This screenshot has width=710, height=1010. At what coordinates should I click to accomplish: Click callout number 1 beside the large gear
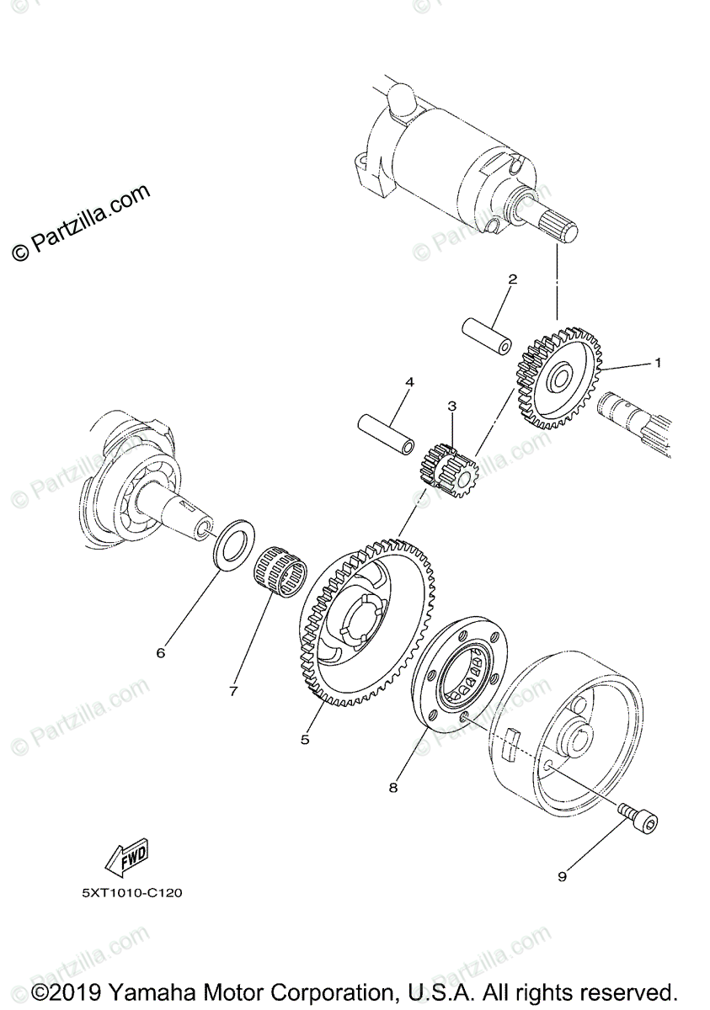click(x=659, y=364)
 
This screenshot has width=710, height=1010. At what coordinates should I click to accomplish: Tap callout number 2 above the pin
click(x=512, y=279)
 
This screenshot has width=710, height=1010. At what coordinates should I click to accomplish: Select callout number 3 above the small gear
click(x=452, y=407)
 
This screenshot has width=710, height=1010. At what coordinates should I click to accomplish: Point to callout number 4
click(x=409, y=382)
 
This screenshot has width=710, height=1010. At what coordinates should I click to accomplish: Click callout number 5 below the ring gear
click(x=305, y=740)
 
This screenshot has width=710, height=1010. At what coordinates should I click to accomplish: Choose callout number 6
click(x=161, y=652)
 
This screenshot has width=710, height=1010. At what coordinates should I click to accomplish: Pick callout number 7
click(x=233, y=691)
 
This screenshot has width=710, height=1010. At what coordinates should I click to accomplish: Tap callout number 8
click(x=392, y=789)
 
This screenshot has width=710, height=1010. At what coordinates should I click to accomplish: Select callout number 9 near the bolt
click(x=562, y=876)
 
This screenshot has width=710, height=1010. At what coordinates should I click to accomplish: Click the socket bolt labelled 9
click(x=639, y=816)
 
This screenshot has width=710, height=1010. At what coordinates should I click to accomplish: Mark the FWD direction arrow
click(x=125, y=857)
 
